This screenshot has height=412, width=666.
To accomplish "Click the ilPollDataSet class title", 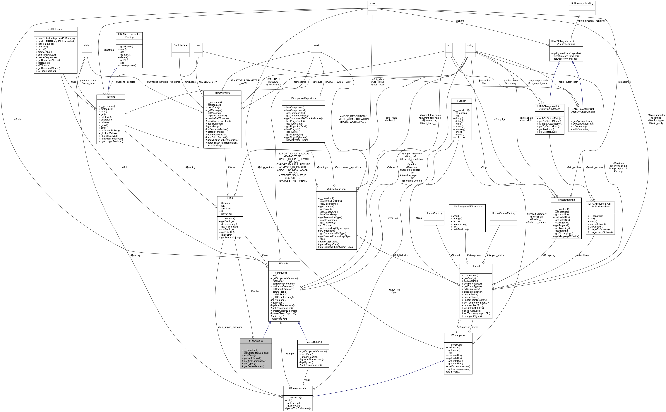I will pos(255,341).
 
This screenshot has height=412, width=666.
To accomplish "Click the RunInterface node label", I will pos(180,45).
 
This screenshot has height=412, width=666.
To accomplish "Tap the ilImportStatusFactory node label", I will pos(504,213).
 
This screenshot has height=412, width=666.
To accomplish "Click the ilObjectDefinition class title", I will pos(336,189).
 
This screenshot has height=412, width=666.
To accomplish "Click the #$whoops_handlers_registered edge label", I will pos(164,82).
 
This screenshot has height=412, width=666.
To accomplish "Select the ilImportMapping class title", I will pos(566,200).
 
